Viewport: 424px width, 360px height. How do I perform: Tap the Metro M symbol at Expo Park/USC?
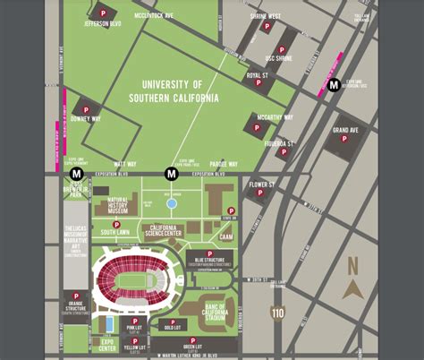(171, 173)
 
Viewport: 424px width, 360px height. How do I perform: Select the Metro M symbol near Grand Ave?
(333, 86)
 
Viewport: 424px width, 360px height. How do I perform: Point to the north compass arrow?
(352, 289)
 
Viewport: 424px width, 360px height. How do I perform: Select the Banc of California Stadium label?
(212, 311)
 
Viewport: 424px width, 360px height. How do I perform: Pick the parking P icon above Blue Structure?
(210, 253)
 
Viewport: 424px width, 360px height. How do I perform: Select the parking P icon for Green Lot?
(191, 339)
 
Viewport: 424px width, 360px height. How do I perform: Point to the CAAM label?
(225, 236)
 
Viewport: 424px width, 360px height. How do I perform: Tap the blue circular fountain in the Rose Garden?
(172, 203)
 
